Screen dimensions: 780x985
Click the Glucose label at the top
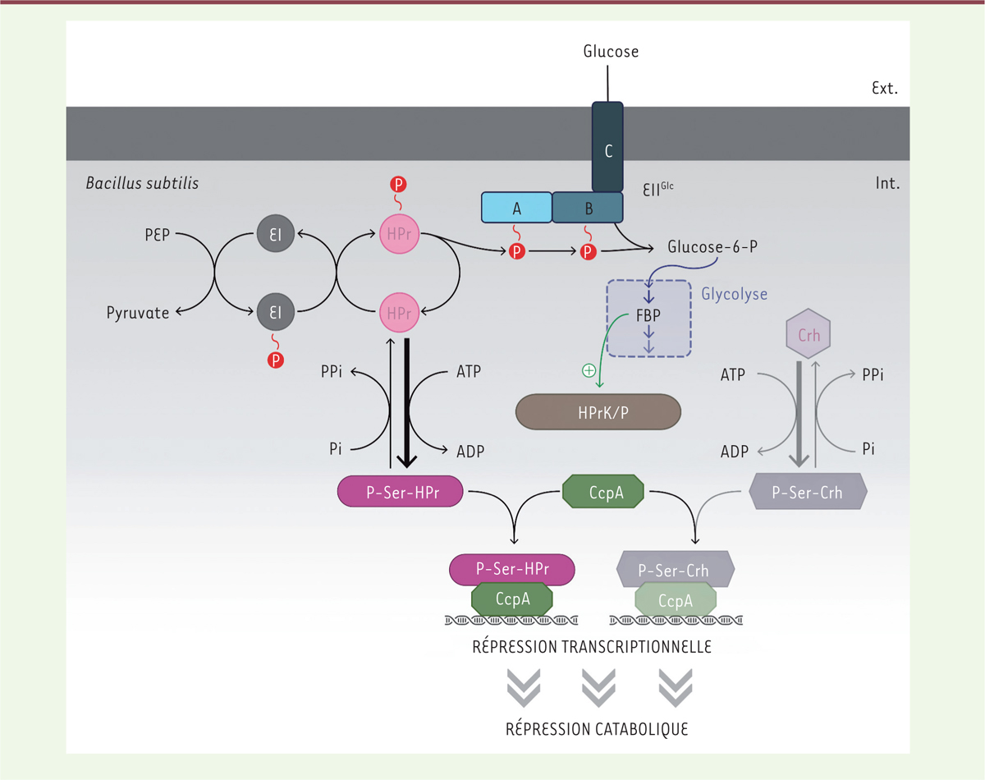pyautogui.click(x=611, y=52)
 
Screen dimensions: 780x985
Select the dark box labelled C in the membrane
pyautogui.click(x=607, y=151)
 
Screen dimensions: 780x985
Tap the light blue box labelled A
pyautogui.click(x=516, y=209)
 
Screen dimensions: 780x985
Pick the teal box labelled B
pyautogui.click(x=589, y=209)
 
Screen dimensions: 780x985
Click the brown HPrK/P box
pyautogui.click(x=598, y=412)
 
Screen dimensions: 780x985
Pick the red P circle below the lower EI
pyautogui.click(x=276, y=360)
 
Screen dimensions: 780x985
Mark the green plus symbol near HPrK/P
pyautogui.click(x=588, y=371)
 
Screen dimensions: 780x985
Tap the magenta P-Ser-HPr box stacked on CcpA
pyautogui.click(x=512, y=568)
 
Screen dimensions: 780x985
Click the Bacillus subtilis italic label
pyautogui.click(x=142, y=183)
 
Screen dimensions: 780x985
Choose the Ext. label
pyautogui.click(x=882, y=87)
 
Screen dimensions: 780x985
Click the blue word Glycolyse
pyautogui.click(x=735, y=294)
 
